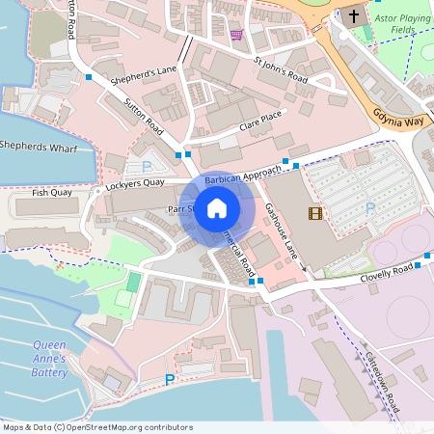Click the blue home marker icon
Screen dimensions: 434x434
pyautogui.click(x=217, y=208)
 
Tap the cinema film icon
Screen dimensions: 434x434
pyautogui.click(x=314, y=213)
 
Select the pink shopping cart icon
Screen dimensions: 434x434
pyautogui.click(x=236, y=35)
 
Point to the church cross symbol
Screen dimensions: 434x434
pyautogui.click(x=354, y=15)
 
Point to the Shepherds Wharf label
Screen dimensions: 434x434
pyautogui.click(x=38, y=146)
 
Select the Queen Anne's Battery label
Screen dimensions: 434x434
pyautogui.click(x=49, y=358)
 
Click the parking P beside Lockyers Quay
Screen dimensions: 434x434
pyautogui.click(x=147, y=166)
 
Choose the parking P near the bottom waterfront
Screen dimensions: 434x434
pyautogui.click(x=171, y=381)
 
